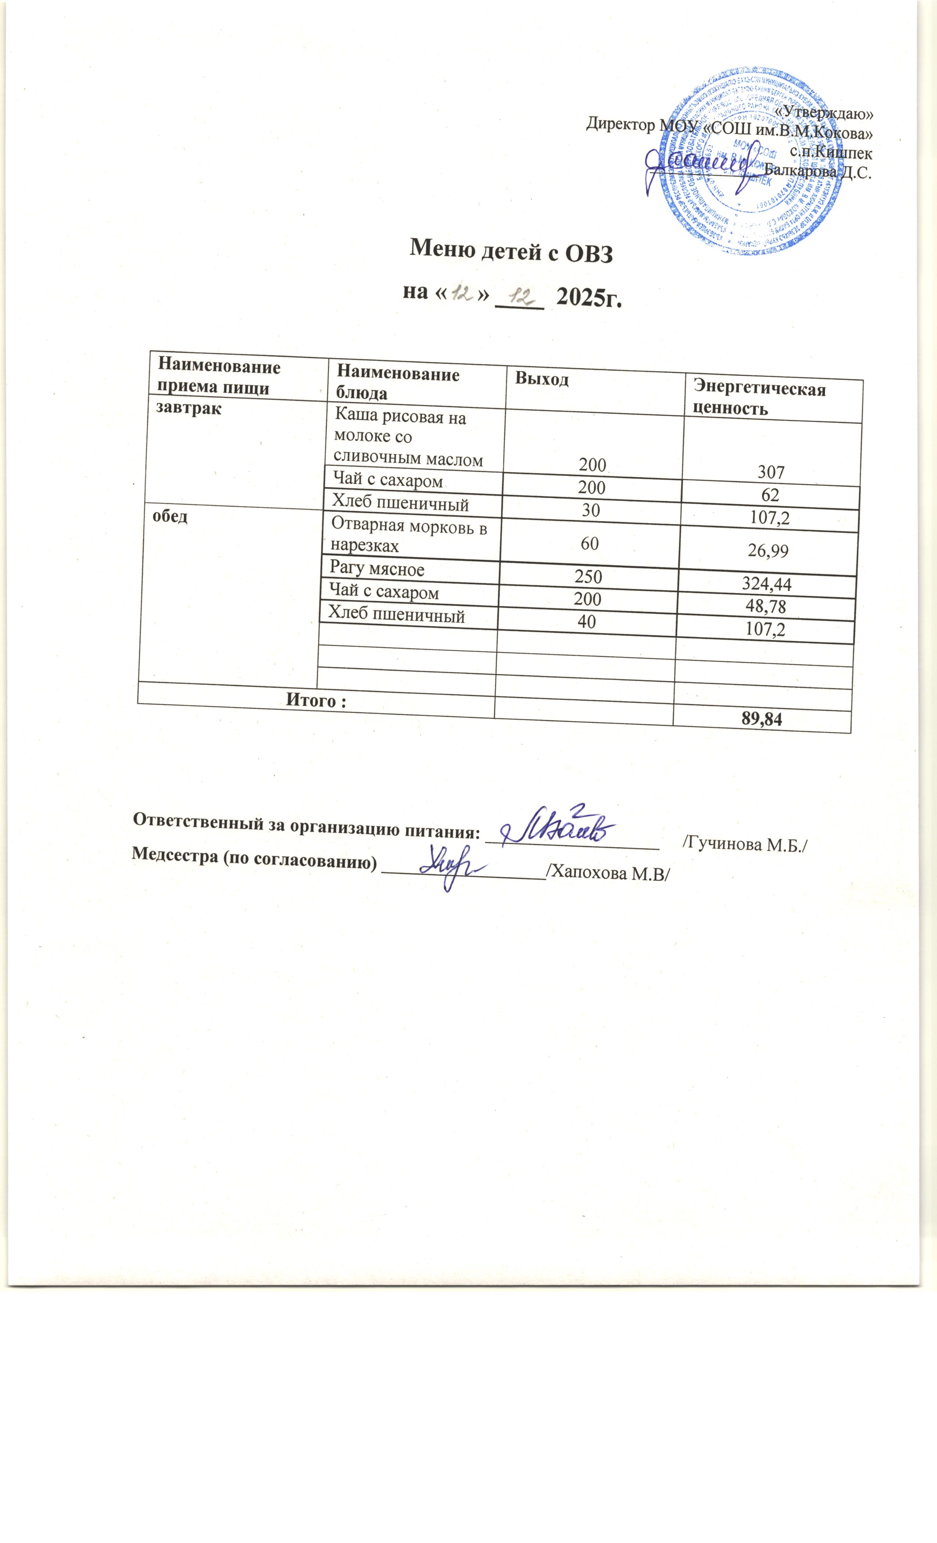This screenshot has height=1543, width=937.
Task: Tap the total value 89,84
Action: [x=762, y=720]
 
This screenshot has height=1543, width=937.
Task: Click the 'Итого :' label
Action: [x=316, y=701]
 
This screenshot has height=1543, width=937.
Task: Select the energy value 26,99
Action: [x=768, y=551]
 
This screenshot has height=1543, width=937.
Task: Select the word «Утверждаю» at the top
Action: [x=823, y=114]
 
